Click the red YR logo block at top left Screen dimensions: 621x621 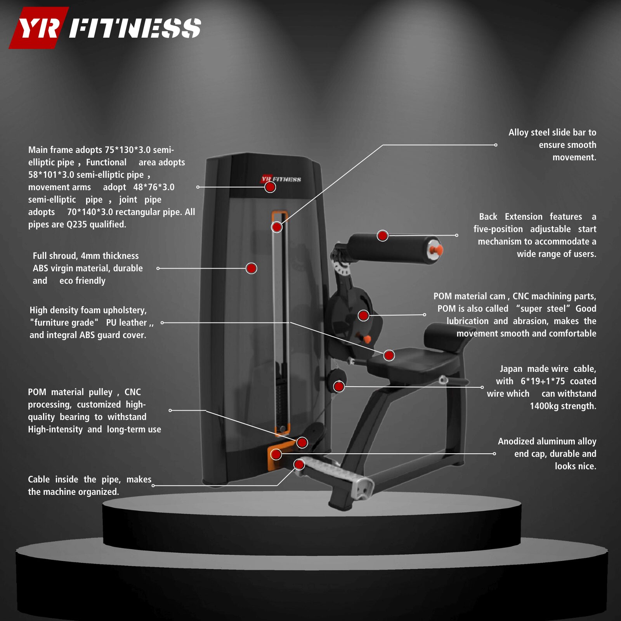click(39, 28)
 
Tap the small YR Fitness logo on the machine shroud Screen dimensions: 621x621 click(281, 179)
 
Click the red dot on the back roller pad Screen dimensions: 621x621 click(383, 235)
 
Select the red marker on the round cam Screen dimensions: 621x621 click(363, 315)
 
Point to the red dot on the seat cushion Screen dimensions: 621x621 click(389, 355)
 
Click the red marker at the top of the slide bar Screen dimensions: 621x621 click(277, 227)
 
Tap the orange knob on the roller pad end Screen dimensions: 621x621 click(437, 249)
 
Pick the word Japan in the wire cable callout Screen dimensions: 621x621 click(511, 369)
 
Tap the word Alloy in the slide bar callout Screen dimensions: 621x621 click(518, 132)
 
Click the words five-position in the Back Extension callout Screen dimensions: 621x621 click(498, 229)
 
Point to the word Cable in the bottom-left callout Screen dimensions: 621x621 click(39, 479)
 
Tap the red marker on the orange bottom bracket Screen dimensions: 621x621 click(276, 454)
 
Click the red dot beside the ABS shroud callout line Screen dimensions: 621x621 click(252, 268)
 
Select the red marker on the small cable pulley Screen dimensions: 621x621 click(339, 386)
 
